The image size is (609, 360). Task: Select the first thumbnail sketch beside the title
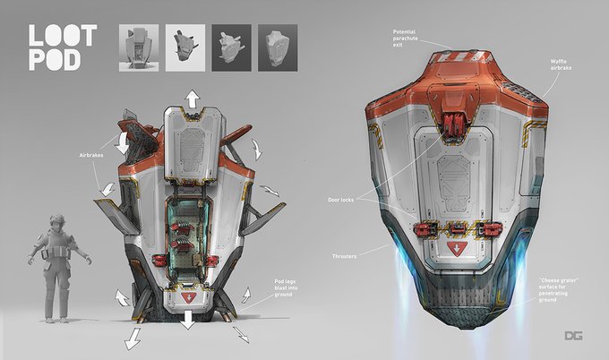[137, 48]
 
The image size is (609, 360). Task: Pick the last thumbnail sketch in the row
[278, 48]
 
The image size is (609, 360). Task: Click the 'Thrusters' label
[343, 256]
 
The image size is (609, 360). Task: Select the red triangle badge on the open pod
[190, 296]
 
